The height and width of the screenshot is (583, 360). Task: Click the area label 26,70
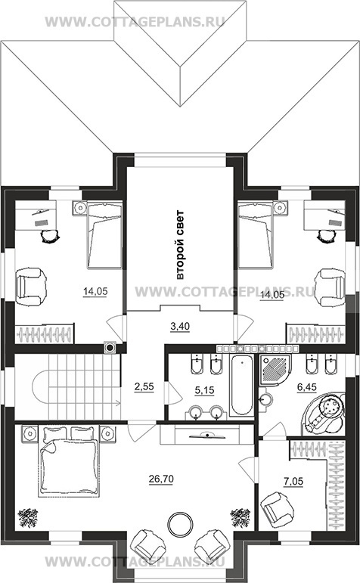pyautogui.click(x=161, y=479)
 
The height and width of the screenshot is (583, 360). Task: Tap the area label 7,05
pyautogui.click(x=293, y=482)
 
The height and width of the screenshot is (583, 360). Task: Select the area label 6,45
pyautogui.click(x=306, y=387)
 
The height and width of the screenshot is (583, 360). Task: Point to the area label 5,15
pyautogui.click(x=204, y=390)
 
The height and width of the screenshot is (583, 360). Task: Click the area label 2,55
pyautogui.click(x=144, y=386)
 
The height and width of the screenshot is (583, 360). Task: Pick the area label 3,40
pyautogui.click(x=180, y=327)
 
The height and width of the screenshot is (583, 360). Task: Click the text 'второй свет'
pyautogui.click(x=180, y=246)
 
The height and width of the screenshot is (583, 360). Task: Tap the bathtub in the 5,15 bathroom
pyautogui.click(x=241, y=385)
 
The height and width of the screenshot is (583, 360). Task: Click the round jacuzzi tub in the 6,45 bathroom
pyautogui.click(x=323, y=413)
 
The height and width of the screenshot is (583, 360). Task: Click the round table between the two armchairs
pyautogui.click(x=181, y=525)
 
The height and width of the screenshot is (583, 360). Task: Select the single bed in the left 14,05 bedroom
pyautogui.click(x=104, y=234)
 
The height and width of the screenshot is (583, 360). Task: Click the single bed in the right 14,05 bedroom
pyautogui.click(x=256, y=234)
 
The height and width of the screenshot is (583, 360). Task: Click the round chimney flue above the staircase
pyautogui.click(x=110, y=347)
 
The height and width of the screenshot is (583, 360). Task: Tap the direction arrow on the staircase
pyautogui.click(x=84, y=402)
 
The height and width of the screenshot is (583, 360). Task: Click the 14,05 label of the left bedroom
pyautogui.click(x=95, y=292)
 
